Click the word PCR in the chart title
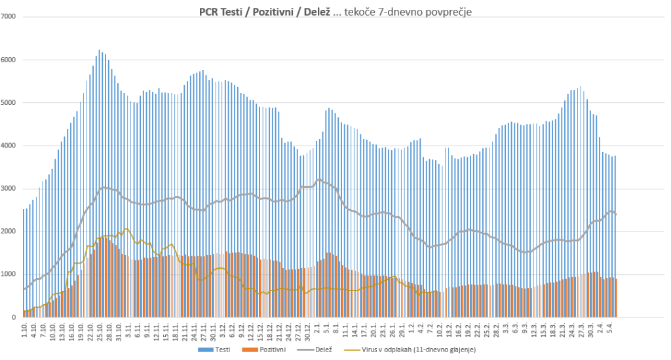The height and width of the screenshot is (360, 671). tap(210, 11)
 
